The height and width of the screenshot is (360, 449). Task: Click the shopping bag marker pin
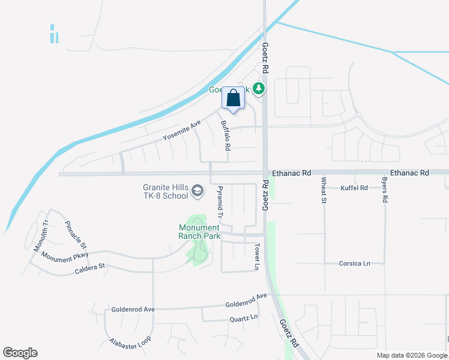point(234,98)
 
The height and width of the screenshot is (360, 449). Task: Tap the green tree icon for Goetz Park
point(259,89)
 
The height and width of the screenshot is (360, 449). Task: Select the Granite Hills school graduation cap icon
point(197,192)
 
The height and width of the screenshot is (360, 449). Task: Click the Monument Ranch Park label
point(199,232)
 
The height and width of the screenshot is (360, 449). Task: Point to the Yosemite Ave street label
point(181,131)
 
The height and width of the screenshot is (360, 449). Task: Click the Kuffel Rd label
point(354,188)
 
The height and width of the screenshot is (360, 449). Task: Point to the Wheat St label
point(324,190)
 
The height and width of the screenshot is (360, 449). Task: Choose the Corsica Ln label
point(354,263)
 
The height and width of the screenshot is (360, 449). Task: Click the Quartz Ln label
point(244,317)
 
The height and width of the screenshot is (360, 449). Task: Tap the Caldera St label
point(90,266)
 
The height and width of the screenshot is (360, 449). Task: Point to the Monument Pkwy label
point(65,256)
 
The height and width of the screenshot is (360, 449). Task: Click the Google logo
point(20,353)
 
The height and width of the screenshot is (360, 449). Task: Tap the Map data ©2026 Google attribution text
point(411,355)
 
